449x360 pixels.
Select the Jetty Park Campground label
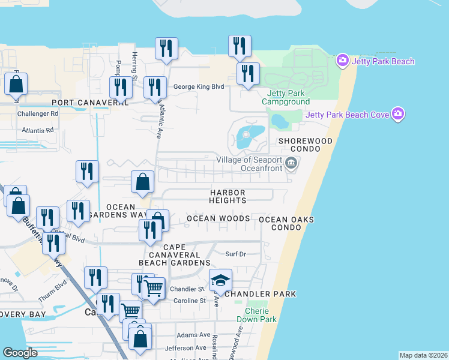(286, 97)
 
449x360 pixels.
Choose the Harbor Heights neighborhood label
(228, 196)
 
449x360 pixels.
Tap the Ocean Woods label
(218, 218)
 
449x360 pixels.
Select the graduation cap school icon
(220, 280)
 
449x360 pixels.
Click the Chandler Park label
(261, 294)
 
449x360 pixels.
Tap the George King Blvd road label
(198, 87)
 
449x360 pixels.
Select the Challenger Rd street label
(37, 113)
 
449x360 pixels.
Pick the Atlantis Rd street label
(37, 130)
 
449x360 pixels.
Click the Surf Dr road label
(235, 254)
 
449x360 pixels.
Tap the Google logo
(20, 353)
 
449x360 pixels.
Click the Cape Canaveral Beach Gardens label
(174, 255)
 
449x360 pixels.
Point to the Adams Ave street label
(193, 335)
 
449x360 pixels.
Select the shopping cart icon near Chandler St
(154, 288)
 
